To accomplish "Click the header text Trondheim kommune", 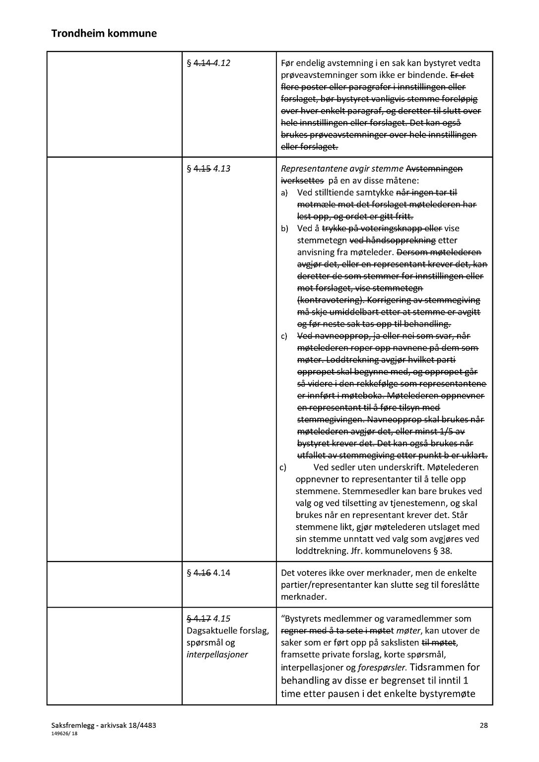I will (104, 34).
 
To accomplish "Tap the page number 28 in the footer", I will (483, 725).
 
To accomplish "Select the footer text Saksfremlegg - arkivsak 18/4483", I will (103, 725).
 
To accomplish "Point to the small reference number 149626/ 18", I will (65, 733).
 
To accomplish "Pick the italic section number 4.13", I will (221, 169).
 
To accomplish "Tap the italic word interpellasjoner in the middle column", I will (217, 654).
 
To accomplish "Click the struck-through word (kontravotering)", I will (325, 300).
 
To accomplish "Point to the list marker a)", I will (284, 193).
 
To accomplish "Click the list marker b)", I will (284, 229).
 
